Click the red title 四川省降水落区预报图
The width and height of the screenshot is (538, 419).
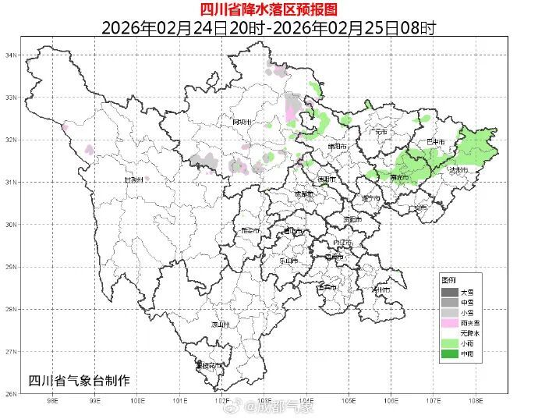(x=268, y=9)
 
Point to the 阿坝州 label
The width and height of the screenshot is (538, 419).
(x=243, y=123)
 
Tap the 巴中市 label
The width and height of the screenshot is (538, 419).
(x=435, y=143)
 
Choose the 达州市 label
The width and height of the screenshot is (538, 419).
(x=458, y=170)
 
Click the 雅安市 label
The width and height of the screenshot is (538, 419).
(x=251, y=231)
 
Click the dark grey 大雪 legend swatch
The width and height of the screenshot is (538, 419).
(x=449, y=292)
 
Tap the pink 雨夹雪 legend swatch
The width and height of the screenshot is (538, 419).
(x=449, y=322)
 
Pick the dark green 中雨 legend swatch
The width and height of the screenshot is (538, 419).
(x=449, y=353)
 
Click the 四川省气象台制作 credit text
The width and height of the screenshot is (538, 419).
(x=78, y=380)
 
